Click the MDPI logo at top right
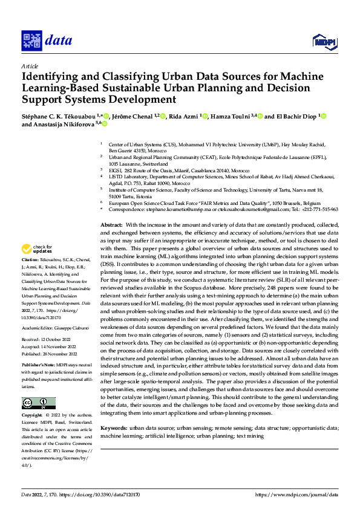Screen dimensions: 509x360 324,41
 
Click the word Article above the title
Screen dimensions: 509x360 29,65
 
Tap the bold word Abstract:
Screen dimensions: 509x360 112,224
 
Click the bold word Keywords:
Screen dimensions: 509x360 114,428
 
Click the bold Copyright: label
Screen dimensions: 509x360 32,416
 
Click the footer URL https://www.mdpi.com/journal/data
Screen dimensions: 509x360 296,494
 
